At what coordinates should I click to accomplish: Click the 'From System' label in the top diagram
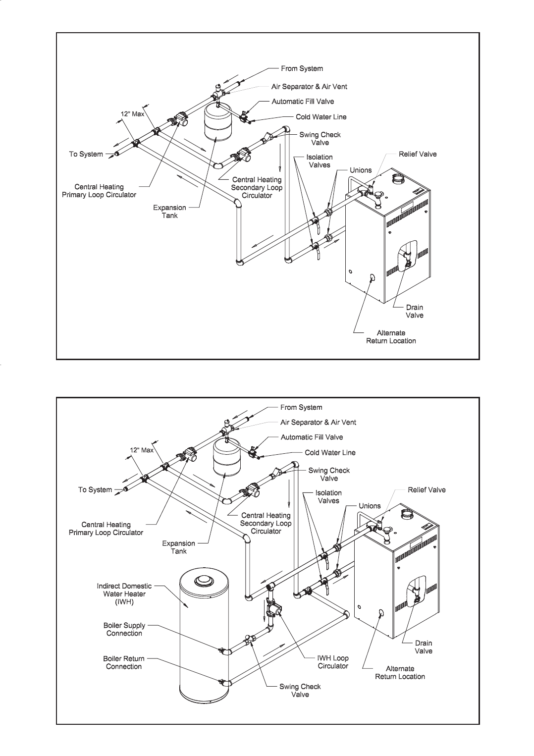tap(302, 69)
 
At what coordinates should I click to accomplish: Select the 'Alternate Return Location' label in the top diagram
tap(391, 337)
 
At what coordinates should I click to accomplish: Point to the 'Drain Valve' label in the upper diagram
tap(415, 311)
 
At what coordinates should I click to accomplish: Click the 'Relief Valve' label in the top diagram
tap(418, 154)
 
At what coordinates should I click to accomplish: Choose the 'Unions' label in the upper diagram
tap(361, 170)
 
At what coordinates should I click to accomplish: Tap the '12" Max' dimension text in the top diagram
tap(132, 114)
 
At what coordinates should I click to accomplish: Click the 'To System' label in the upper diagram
tap(86, 154)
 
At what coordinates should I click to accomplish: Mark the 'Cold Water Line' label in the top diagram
tap(321, 117)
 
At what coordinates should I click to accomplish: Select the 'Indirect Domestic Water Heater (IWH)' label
tap(124, 594)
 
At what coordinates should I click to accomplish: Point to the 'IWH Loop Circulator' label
tap(333, 662)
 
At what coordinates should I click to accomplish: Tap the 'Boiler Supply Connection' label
tap(124, 629)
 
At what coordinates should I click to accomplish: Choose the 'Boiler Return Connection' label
tap(124, 662)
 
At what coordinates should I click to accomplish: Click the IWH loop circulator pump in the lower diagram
tap(274, 609)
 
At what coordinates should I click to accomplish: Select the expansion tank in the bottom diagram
tap(225, 460)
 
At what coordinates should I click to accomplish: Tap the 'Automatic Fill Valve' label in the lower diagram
tap(312, 437)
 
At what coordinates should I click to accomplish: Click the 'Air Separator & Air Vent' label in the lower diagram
tap(318, 423)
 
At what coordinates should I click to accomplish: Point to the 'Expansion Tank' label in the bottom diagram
tap(179, 547)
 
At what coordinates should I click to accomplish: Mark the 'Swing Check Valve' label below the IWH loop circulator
tap(300, 691)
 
